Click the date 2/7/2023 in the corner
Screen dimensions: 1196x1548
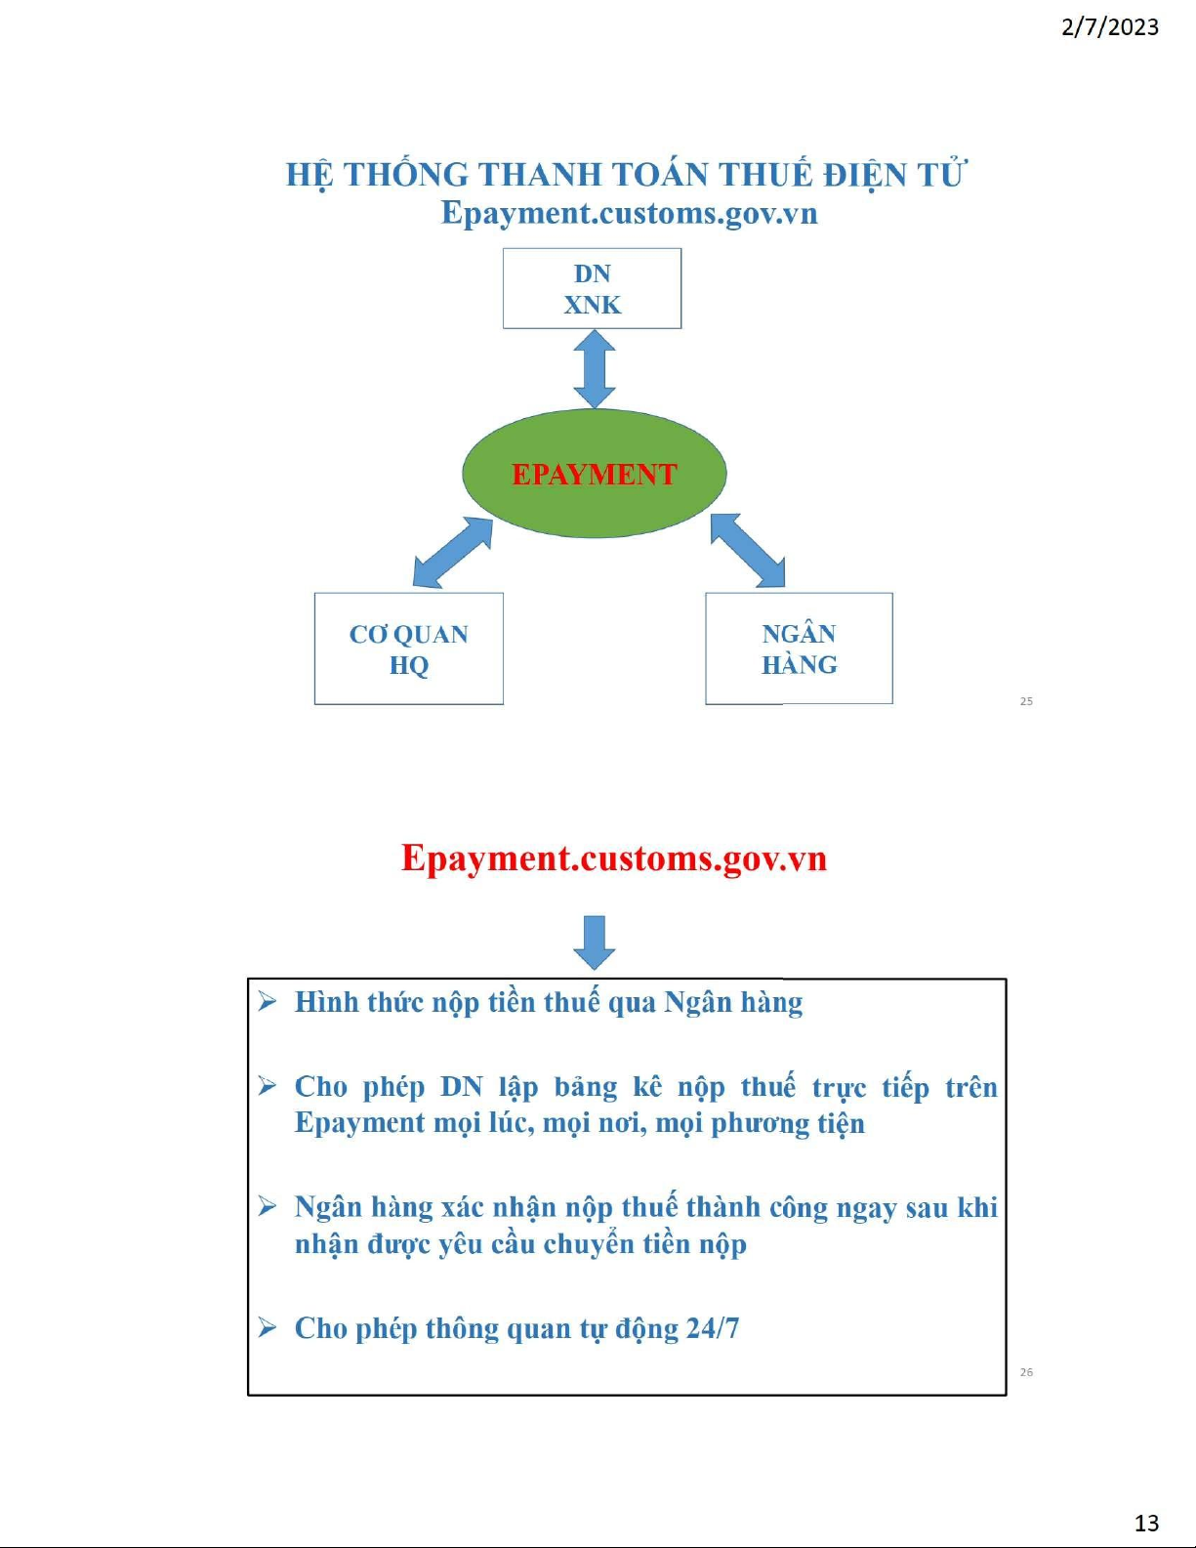coord(1110,27)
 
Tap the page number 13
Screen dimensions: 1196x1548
coord(1147,1523)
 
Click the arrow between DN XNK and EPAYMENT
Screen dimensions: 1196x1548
coord(595,369)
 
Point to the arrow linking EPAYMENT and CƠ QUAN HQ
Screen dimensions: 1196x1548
coord(453,552)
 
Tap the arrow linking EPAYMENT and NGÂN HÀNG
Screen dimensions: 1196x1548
coord(748,551)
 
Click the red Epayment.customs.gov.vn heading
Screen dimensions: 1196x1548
coord(614,858)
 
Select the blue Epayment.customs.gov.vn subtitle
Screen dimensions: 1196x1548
coord(630,213)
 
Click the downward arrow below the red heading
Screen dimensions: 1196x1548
coord(595,942)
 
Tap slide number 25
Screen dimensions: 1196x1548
coord(1026,701)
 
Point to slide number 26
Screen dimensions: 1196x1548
coord(1026,1372)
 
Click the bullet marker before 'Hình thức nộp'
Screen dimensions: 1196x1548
coord(267,1002)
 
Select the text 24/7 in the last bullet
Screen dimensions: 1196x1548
coord(714,1328)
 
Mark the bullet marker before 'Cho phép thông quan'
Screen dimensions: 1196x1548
coord(267,1327)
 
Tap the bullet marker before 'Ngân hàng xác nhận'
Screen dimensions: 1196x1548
coord(267,1206)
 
